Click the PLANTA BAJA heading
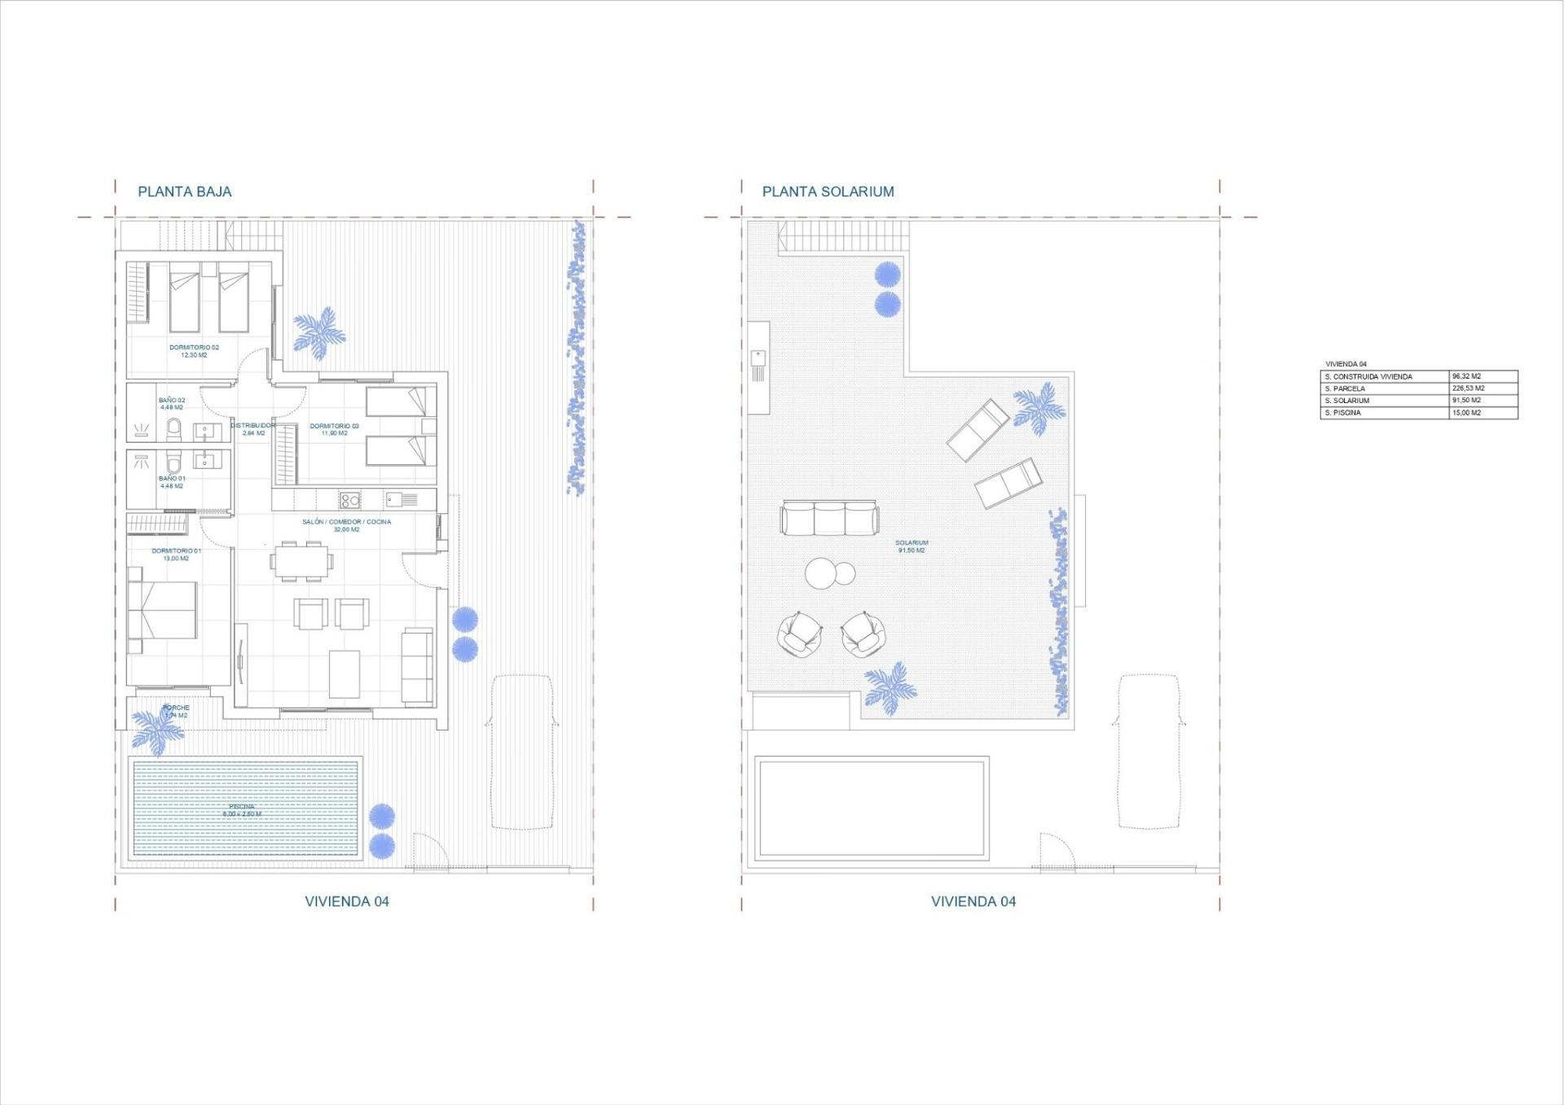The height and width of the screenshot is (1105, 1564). pos(184,192)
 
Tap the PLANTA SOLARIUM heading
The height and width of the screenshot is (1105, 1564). pos(828,192)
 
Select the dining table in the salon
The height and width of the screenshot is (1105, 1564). pos(301,560)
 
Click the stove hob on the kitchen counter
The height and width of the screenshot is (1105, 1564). pos(349,499)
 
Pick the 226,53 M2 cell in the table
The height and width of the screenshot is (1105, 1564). pos(1468,388)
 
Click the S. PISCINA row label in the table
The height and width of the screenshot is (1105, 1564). pos(1343,413)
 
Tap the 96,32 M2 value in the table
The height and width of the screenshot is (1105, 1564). pos(1466,376)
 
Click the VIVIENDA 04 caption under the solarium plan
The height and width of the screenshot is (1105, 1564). pos(973,901)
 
